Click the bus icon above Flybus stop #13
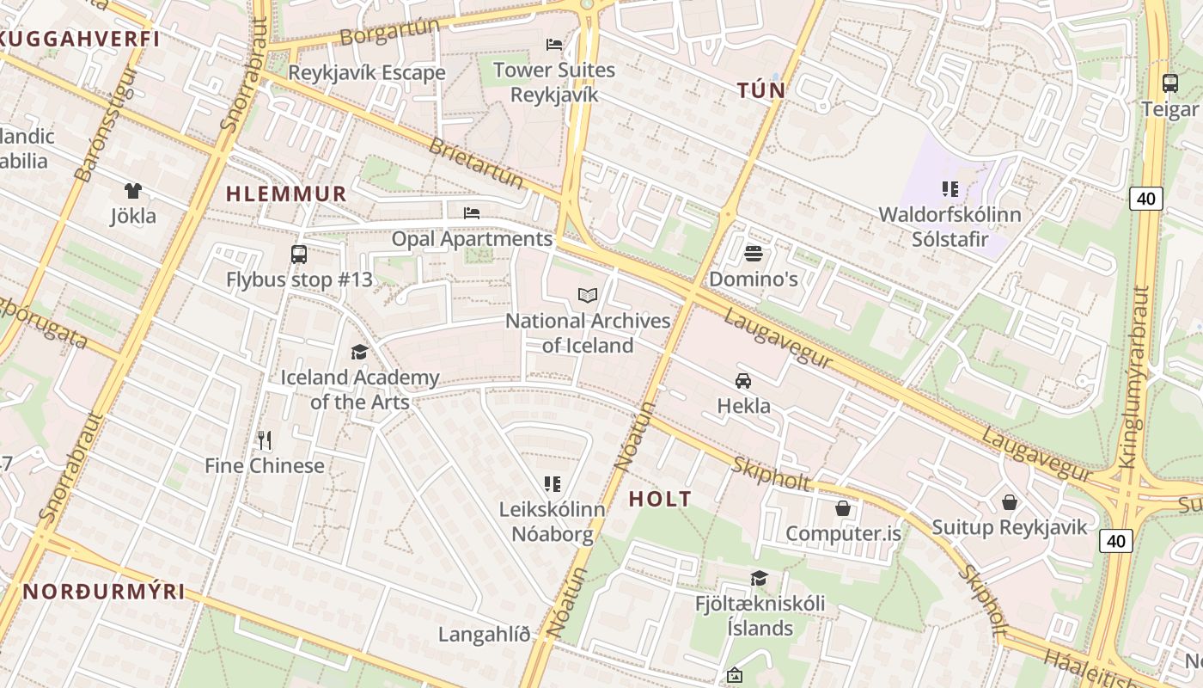(x=299, y=255)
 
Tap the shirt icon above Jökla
(x=132, y=191)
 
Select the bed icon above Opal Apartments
(x=471, y=212)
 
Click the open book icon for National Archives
(x=588, y=296)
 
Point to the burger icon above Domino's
(x=754, y=254)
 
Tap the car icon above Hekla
(x=743, y=380)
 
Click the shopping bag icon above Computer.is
(x=843, y=508)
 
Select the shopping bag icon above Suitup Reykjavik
(x=1010, y=501)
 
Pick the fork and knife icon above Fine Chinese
(x=265, y=440)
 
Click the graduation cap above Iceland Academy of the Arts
(x=359, y=352)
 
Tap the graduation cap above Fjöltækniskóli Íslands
(x=759, y=578)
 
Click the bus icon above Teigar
(x=1169, y=83)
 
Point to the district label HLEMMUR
(x=286, y=194)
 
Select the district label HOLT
(x=660, y=499)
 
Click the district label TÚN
(x=760, y=90)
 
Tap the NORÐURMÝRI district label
(x=104, y=592)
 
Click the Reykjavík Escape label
(x=366, y=72)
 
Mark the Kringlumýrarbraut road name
(x=1134, y=378)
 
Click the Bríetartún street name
(x=475, y=163)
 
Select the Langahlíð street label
(x=484, y=635)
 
